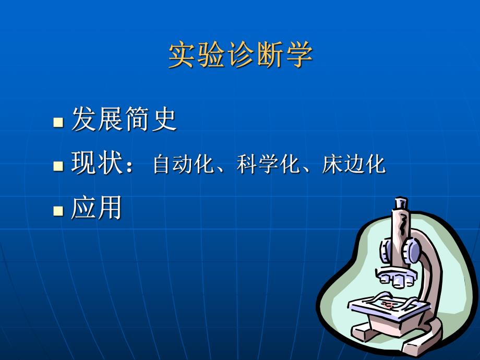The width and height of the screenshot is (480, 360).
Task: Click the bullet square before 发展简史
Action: click(x=58, y=124)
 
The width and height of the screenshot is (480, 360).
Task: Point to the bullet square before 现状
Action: click(x=58, y=167)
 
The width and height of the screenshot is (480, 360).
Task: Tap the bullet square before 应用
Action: click(x=58, y=211)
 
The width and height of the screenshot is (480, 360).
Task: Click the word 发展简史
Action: click(x=124, y=119)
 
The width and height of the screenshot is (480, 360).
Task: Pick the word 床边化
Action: click(x=354, y=165)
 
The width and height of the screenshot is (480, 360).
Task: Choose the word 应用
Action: click(x=96, y=208)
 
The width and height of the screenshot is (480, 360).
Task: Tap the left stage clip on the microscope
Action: click(x=371, y=299)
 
